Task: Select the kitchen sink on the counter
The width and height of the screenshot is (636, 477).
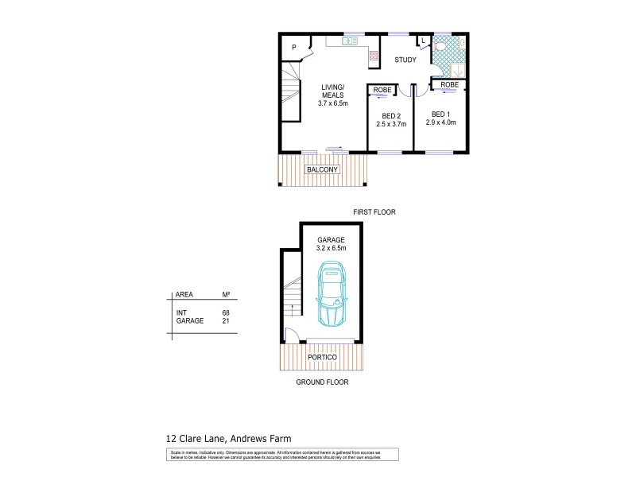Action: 348,41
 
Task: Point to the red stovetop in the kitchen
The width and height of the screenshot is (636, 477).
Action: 372,56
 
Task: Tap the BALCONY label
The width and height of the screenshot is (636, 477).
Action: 322,169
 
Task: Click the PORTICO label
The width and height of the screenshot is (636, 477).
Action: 322,357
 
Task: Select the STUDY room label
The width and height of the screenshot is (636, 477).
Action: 405,60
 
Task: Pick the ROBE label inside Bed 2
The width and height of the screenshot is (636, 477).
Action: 382,90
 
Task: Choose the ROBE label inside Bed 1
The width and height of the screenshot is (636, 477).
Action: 449,84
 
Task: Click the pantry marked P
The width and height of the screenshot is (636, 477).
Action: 293,48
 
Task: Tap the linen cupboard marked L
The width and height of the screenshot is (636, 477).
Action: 423,41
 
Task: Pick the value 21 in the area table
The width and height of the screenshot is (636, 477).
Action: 226,321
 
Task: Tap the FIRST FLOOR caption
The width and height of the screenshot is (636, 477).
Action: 374,212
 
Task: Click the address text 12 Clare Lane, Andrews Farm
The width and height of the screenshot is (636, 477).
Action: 228,438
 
